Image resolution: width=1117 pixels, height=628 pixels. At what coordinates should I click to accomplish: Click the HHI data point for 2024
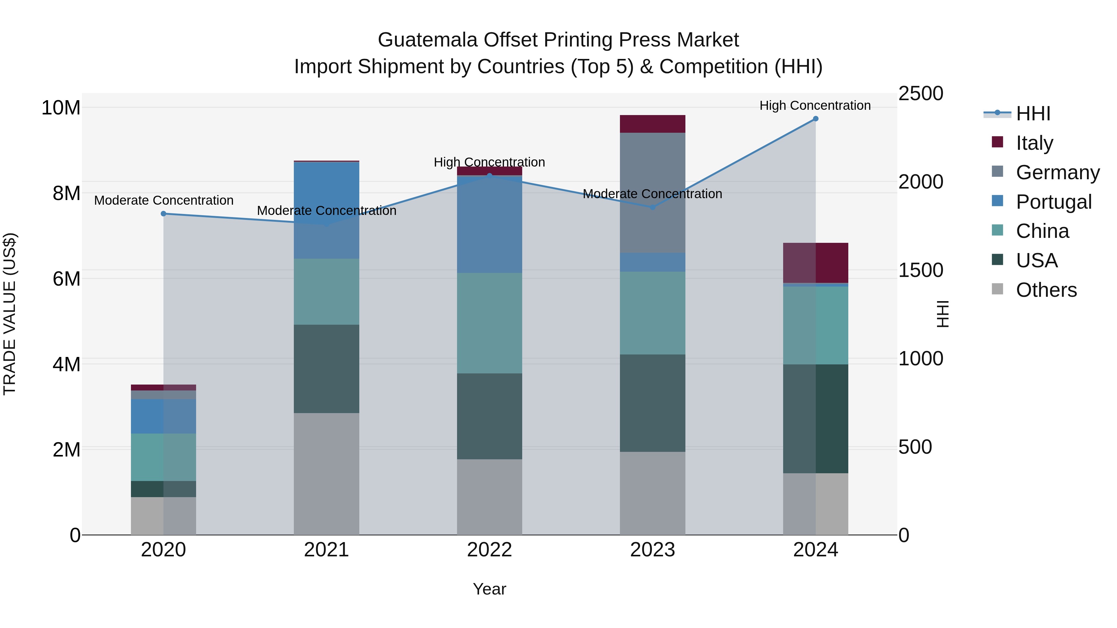click(815, 119)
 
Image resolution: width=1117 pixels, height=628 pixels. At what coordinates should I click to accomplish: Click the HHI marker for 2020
click(164, 214)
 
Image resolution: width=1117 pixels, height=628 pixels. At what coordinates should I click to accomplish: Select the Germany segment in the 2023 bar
click(652, 193)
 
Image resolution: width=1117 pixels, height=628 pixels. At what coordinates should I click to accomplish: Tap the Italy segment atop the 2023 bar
click(652, 124)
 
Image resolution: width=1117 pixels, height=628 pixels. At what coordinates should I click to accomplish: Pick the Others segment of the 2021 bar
click(326, 473)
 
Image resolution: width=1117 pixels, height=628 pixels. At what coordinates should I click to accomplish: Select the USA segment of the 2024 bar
click(815, 418)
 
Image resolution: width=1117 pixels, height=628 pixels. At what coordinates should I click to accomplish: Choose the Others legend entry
click(1046, 290)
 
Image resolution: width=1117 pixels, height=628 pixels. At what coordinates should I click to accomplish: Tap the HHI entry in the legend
click(1033, 114)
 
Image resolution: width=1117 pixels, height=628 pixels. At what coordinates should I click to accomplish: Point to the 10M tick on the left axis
click(61, 108)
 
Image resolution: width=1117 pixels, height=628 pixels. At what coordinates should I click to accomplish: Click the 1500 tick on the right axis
click(920, 270)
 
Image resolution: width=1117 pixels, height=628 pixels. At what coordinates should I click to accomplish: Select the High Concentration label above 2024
click(815, 105)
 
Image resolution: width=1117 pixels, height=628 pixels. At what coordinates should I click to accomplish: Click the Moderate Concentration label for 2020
click(164, 200)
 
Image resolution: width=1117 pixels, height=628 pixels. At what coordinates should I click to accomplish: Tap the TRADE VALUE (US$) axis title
click(10, 314)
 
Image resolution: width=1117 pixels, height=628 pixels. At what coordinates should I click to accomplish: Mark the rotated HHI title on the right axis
click(942, 314)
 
